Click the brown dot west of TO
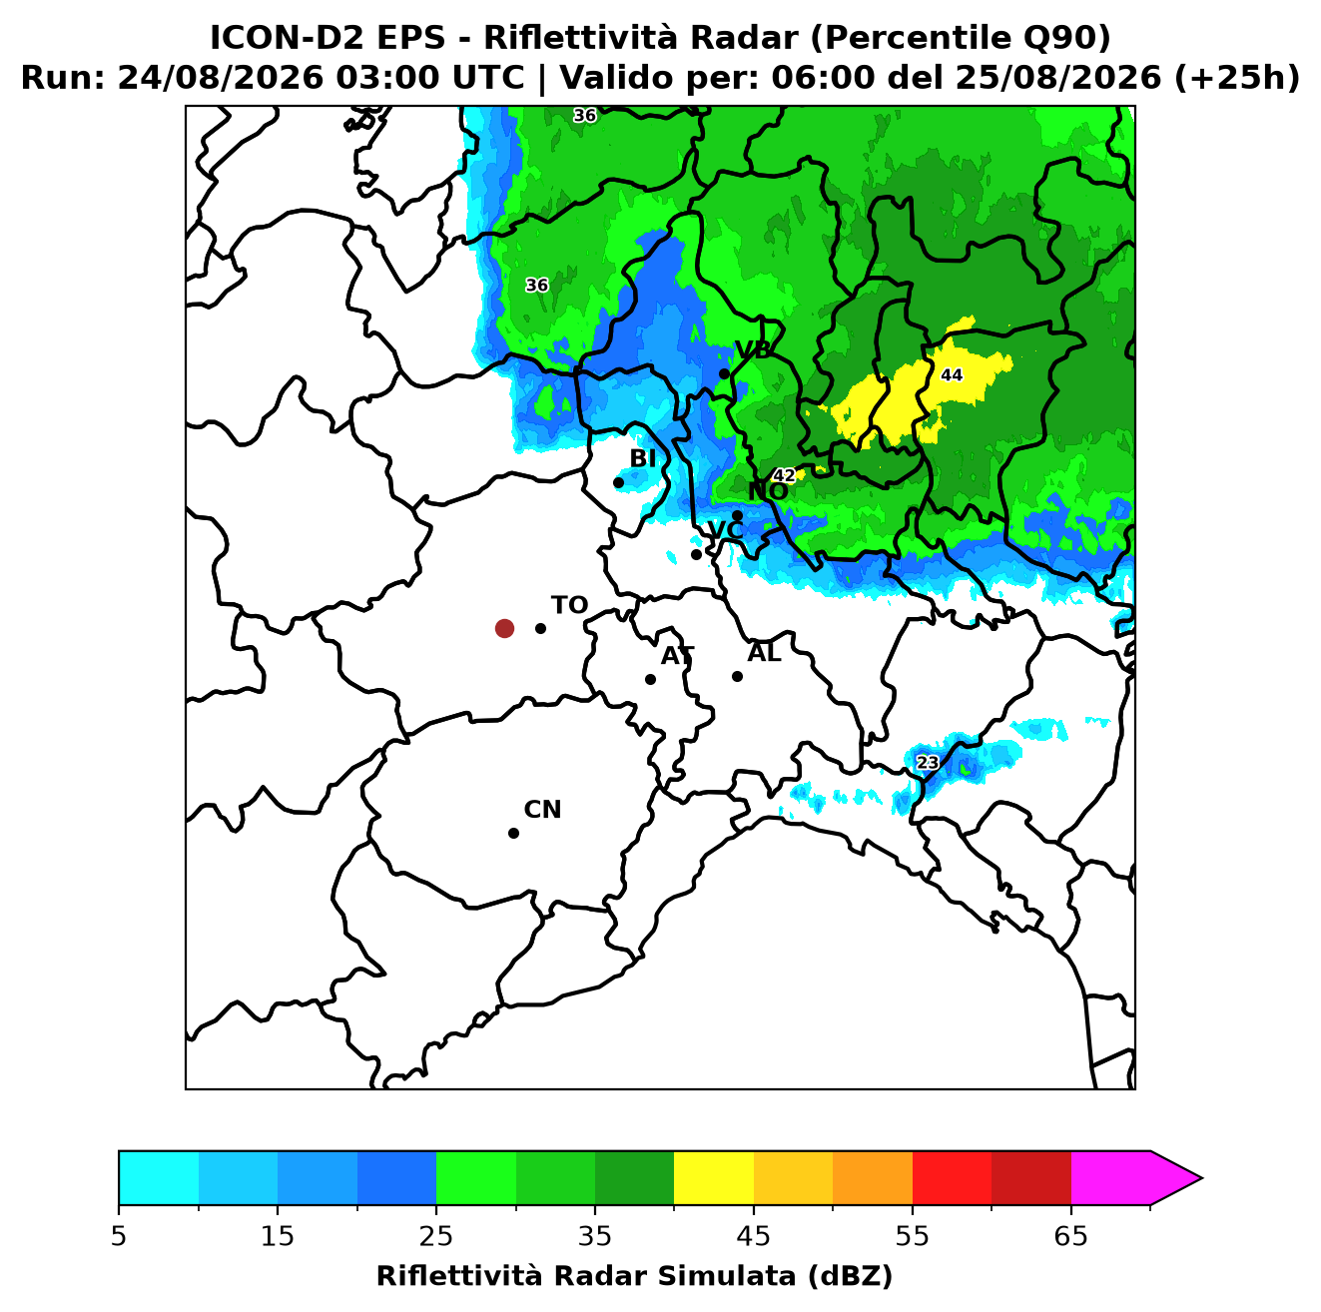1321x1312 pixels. click(504, 628)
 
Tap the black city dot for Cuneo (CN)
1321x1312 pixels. click(513, 834)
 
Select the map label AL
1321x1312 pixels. click(765, 653)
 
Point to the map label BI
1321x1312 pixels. click(643, 458)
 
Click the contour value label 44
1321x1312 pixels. click(952, 375)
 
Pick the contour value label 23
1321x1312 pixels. click(928, 763)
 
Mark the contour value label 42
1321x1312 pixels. click(784, 475)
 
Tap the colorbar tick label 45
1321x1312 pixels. click(754, 1236)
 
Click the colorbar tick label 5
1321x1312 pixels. click(119, 1236)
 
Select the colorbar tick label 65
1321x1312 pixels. click(1070, 1236)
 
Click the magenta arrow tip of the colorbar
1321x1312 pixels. click(1201, 1178)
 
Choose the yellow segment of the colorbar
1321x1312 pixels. click(714, 1178)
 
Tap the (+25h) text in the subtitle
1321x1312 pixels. click(1237, 78)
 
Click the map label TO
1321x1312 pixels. click(570, 606)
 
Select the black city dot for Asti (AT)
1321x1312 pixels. click(651, 680)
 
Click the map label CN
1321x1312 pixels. click(542, 810)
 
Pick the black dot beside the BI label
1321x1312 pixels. click(618, 483)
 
